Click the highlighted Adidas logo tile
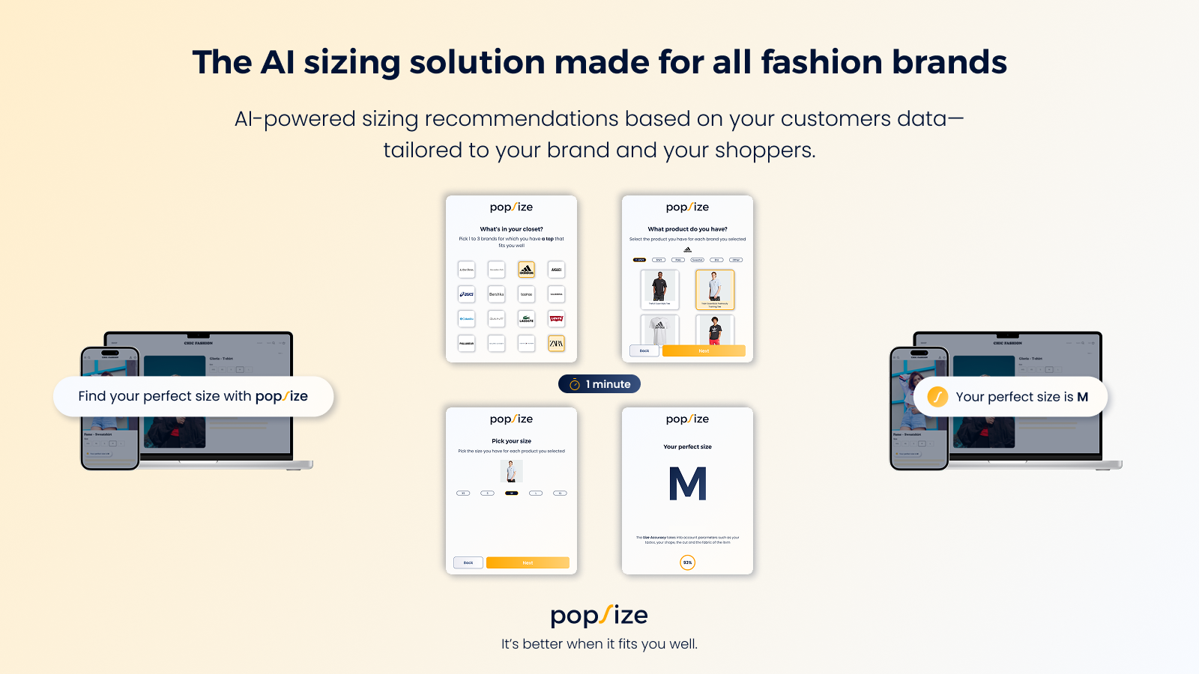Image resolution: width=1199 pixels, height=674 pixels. tap(527, 270)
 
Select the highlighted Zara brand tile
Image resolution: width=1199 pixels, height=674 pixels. tap(556, 344)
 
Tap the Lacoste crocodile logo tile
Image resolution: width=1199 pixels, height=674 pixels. tap(527, 319)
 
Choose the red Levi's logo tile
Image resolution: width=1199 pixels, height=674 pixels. tap(556, 319)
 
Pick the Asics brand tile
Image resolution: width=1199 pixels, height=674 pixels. tap(467, 294)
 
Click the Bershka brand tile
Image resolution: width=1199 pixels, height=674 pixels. tap(496, 294)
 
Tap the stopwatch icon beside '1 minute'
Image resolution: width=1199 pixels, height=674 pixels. tap(575, 385)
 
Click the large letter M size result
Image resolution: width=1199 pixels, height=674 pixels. tap(687, 484)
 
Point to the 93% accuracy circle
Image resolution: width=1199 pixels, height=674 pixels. tap(687, 562)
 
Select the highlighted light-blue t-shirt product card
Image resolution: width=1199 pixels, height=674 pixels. tap(715, 289)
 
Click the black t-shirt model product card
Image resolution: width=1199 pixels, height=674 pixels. tap(659, 289)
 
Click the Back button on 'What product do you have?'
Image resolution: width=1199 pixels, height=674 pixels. tap(644, 350)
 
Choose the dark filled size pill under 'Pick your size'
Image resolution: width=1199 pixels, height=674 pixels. tap(512, 494)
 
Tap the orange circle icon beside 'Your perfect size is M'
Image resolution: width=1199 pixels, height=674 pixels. tap(937, 397)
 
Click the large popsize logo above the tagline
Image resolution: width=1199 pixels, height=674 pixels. tap(599, 616)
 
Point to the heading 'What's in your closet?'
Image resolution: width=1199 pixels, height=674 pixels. tap(511, 229)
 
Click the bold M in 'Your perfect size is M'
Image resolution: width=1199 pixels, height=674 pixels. tap(1082, 397)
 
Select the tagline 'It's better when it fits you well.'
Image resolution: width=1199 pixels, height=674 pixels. tap(599, 644)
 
